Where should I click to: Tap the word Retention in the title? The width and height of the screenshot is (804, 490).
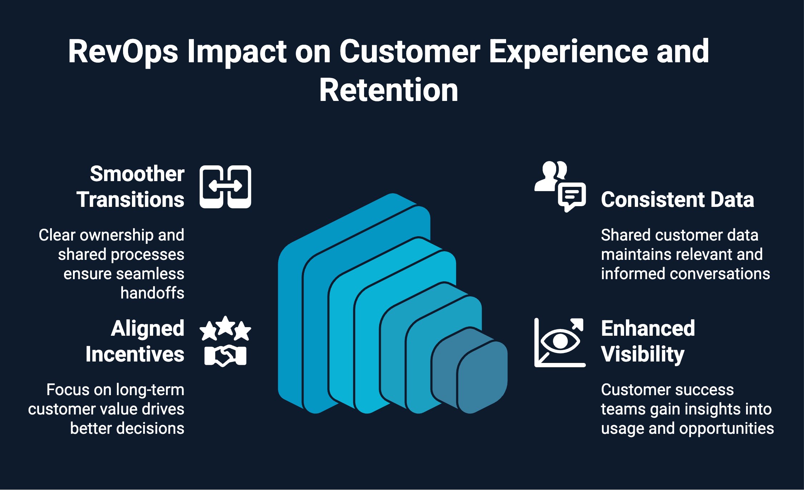pos(388,91)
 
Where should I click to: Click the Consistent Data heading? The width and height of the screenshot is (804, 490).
pos(677,199)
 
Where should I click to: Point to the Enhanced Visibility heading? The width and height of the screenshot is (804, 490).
pos(647,341)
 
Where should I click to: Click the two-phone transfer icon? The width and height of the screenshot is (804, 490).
pos(225,186)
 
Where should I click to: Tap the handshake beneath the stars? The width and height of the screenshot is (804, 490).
pos(225,356)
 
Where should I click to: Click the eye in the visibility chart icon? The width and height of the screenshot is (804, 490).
pos(560,341)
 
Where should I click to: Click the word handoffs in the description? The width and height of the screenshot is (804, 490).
pos(152,293)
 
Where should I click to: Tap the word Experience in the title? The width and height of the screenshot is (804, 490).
pos(568,52)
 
